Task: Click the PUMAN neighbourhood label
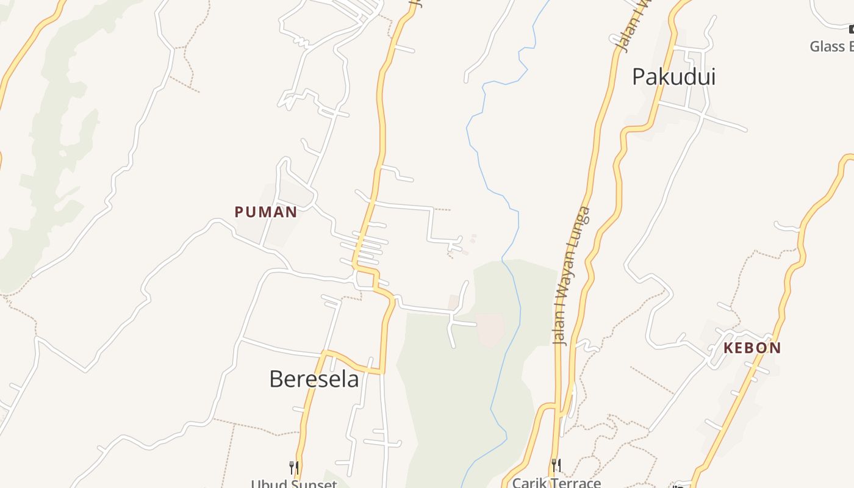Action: click(x=266, y=212)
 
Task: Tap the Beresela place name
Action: click(x=314, y=379)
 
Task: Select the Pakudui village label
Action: click(x=673, y=77)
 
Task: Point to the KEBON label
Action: click(x=752, y=348)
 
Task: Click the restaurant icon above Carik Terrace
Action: click(x=556, y=465)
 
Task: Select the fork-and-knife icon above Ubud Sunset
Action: click(x=294, y=468)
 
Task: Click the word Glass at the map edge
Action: click(x=827, y=46)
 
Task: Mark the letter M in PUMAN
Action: click(x=266, y=212)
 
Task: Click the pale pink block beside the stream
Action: click(x=490, y=329)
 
